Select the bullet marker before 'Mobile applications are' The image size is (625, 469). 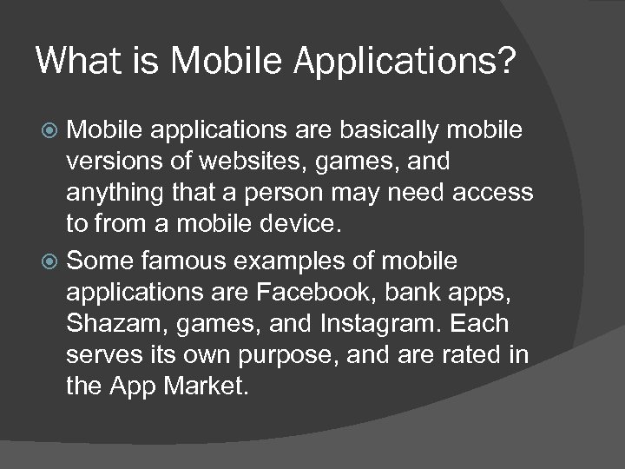[x=51, y=130]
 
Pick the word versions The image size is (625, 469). [x=109, y=162]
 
